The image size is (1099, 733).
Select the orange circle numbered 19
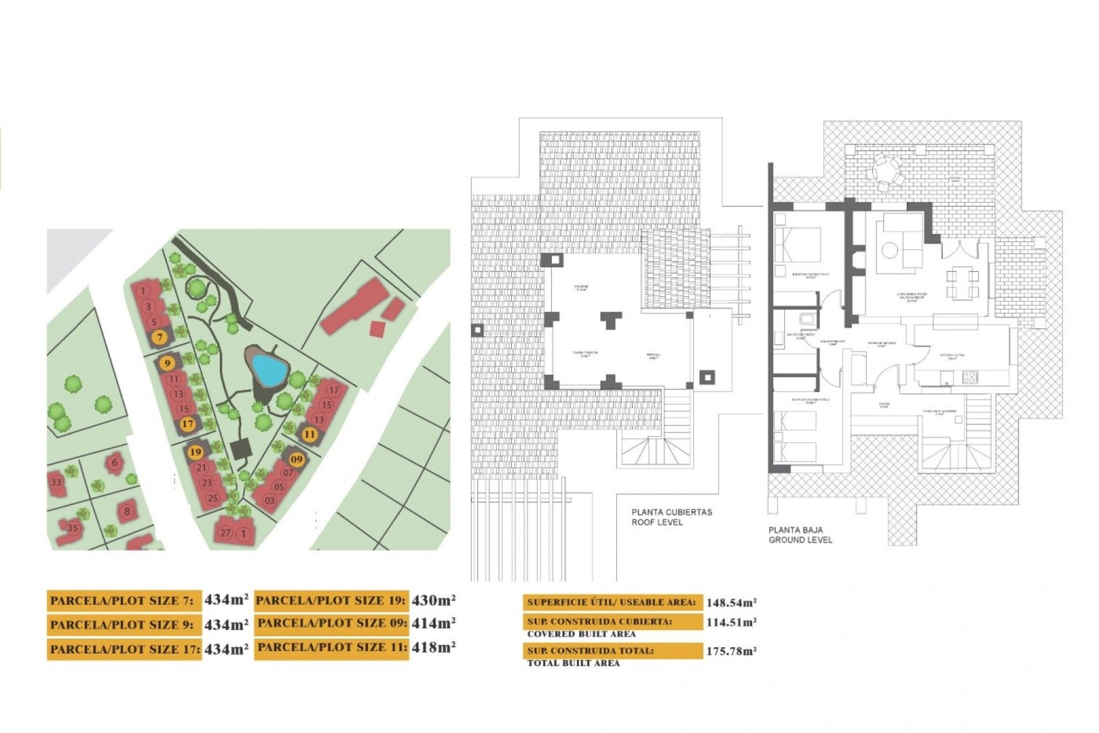(195, 452)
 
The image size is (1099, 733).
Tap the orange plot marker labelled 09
(296, 459)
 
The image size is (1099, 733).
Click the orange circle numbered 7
(160, 337)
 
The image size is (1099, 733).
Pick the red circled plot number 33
(56, 482)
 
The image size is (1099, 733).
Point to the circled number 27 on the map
(226, 533)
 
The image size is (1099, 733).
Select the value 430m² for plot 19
(433, 600)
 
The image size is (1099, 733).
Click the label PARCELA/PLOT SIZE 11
(331, 647)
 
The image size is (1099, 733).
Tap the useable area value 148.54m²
(731, 602)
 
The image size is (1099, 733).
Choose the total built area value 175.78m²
(731, 651)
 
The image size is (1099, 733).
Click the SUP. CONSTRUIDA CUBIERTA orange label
(612, 621)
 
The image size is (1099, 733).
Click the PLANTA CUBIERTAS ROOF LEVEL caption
(671, 517)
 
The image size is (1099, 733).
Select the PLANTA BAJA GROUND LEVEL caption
(800, 535)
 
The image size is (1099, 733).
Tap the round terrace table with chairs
(885, 170)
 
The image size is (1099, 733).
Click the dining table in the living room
(962, 284)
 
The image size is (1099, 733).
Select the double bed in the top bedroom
(797, 245)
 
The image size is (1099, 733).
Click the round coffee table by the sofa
(890, 250)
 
